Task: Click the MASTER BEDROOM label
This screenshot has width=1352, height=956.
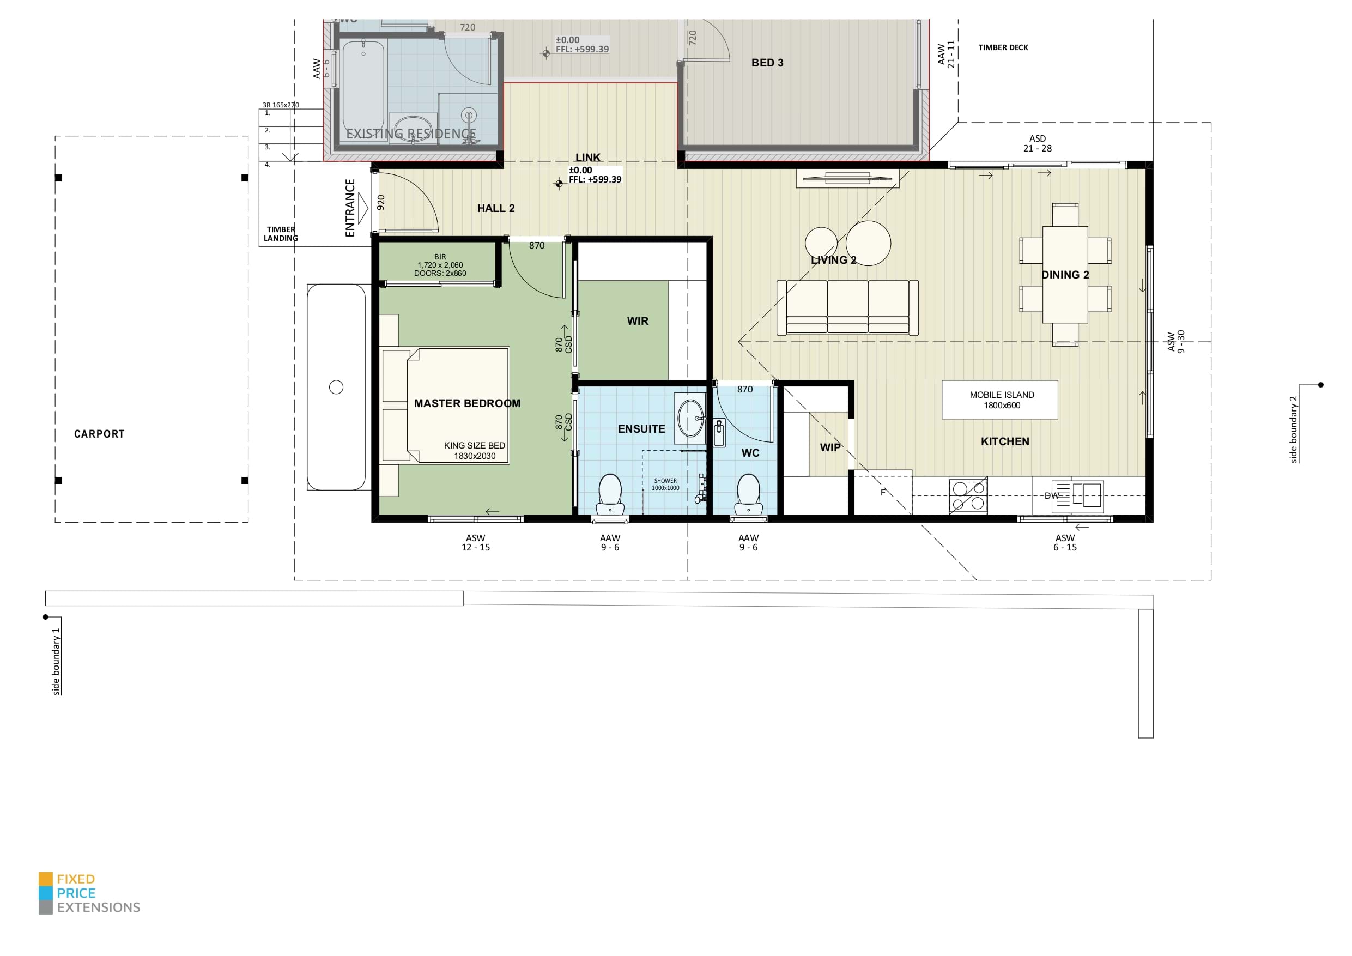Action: [467, 403]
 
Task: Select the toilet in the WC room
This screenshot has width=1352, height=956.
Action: [748, 494]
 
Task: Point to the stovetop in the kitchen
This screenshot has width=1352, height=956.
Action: [968, 495]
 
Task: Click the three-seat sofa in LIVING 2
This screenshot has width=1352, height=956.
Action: [847, 307]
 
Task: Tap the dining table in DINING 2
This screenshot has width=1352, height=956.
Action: [1065, 275]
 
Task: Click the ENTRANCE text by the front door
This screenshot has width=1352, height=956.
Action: [350, 208]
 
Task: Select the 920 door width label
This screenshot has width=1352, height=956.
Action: [381, 203]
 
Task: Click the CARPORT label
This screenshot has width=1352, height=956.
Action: [99, 434]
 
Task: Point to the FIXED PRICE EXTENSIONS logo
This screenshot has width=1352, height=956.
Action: [89, 893]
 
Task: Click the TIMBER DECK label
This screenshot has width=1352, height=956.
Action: [1003, 48]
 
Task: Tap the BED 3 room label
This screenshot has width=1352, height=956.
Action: [767, 63]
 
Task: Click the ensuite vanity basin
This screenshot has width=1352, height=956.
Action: [691, 418]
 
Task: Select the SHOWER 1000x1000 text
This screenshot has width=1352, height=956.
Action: [665, 484]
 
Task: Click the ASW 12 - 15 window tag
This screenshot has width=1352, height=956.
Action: [475, 542]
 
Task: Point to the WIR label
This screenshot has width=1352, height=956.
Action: [637, 321]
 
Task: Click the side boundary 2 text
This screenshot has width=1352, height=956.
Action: [1294, 429]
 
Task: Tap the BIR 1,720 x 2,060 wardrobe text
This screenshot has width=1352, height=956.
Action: [440, 265]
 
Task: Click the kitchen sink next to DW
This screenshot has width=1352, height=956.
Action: [1087, 494]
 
